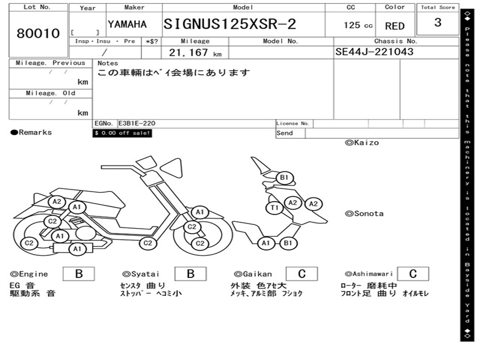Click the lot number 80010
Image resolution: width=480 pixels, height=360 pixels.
(x=38, y=33)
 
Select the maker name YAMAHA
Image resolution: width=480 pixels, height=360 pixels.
(x=127, y=24)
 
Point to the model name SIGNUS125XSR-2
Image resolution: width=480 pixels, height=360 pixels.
(x=230, y=24)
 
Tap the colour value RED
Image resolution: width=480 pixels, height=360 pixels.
(x=395, y=26)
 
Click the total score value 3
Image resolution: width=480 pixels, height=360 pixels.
(x=437, y=22)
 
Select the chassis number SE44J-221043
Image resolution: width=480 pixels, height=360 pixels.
(x=375, y=52)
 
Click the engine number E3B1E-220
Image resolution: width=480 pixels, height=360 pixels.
(x=136, y=124)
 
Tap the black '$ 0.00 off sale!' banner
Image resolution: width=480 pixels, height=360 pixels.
(x=122, y=133)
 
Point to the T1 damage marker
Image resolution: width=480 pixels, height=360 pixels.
(x=275, y=207)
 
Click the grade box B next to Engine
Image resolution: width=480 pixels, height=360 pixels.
(x=79, y=274)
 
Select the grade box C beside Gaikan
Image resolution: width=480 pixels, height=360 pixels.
(x=301, y=274)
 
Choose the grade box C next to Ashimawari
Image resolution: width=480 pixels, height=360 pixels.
(x=412, y=274)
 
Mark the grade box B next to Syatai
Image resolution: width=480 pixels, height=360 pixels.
(x=190, y=274)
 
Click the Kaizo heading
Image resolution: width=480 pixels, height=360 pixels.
(x=362, y=142)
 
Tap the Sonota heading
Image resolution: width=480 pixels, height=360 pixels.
(x=364, y=214)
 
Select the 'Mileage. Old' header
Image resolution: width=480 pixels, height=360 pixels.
(x=50, y=93)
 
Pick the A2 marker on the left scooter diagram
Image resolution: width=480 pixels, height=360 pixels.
(x=57, y=202)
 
